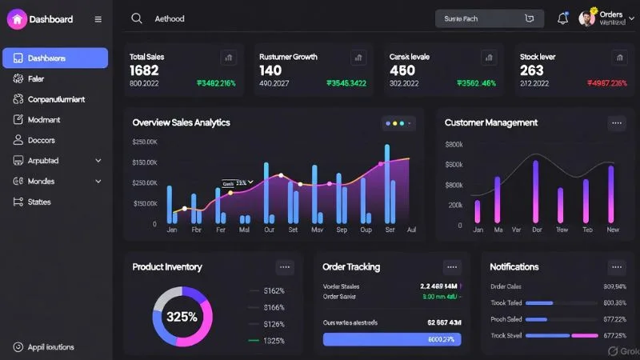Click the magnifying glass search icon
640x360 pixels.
point(137,18)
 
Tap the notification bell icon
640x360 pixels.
point(562,18)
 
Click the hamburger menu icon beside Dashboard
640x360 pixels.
point(98,19)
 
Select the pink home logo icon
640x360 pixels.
point(17,19)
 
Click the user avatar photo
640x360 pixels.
point(587,18)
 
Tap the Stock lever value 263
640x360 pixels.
point(532,70)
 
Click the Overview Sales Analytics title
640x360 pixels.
point(181,122)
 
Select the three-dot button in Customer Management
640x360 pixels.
point(616,122)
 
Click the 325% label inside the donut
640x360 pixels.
point(182,317)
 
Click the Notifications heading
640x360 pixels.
point(514,266)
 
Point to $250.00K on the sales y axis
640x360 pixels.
point(145,142)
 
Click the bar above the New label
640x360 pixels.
point(613,193)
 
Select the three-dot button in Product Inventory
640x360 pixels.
point(286,267)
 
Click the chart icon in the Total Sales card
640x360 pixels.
point(229,58)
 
